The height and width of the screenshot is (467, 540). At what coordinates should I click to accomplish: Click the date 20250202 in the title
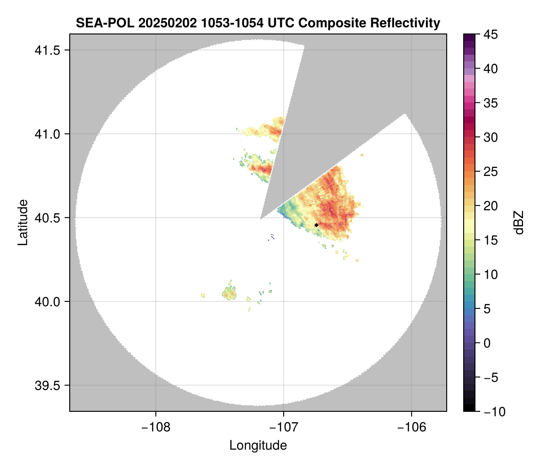click(160, 23)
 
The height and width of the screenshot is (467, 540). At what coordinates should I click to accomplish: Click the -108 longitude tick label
click(155, 427)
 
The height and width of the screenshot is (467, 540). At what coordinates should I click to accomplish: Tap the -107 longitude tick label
click(284, 427)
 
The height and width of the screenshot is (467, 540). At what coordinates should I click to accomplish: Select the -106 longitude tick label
click(412, 427)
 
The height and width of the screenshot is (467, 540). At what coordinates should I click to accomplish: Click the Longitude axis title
click(258, 445)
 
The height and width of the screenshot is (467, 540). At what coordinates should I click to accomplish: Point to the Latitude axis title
click(23, 222)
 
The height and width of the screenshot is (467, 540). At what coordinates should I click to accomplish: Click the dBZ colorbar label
click(519, 222)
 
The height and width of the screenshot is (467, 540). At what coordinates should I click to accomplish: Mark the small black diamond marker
click(316, 225)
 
